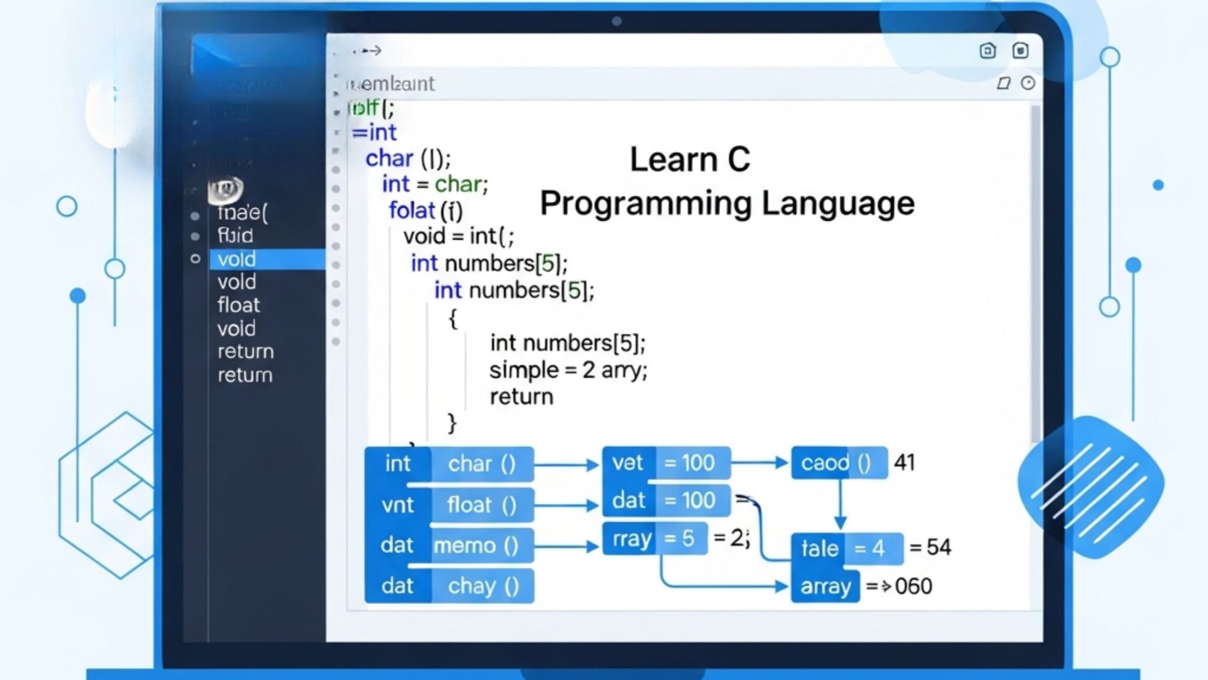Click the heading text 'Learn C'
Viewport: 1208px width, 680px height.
[x=690, y=159]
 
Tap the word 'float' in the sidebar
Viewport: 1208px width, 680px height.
[x=238, y=305]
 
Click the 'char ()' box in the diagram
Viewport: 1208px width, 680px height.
[x=482, y=464]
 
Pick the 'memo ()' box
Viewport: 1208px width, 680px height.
[x=477, y=545]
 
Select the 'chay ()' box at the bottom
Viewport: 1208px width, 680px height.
[x=483, y=586]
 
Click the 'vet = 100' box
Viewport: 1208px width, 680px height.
[x=665, y=463]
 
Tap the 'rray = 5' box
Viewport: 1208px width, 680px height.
[x=654, y=538]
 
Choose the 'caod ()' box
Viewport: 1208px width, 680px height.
[x=838, y=463]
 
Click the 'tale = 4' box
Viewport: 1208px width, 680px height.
[x=845, y=548]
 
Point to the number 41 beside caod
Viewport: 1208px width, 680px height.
[x=904, y=463]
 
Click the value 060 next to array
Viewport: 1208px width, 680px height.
[x=913, y=586]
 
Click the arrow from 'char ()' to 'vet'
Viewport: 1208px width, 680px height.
[x=567, y=465]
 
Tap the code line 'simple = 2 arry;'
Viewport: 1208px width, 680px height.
[x=567, y=371]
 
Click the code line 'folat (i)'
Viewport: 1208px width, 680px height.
[x=425, y=211]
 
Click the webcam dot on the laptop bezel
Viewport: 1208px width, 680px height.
[x=617, y=21]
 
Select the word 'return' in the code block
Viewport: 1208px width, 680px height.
[x=521, y=397]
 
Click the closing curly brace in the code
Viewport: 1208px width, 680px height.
[x=452, y=423]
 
